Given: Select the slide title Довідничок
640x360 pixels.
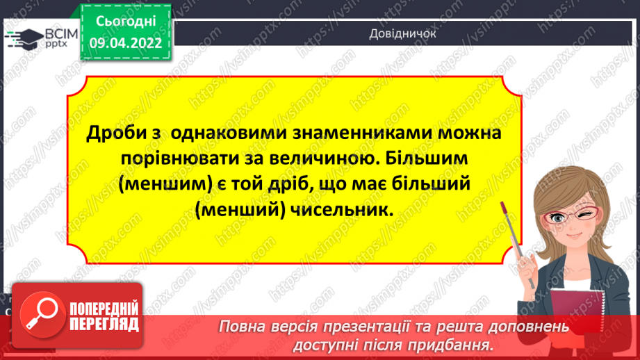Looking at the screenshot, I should point(397,33).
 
